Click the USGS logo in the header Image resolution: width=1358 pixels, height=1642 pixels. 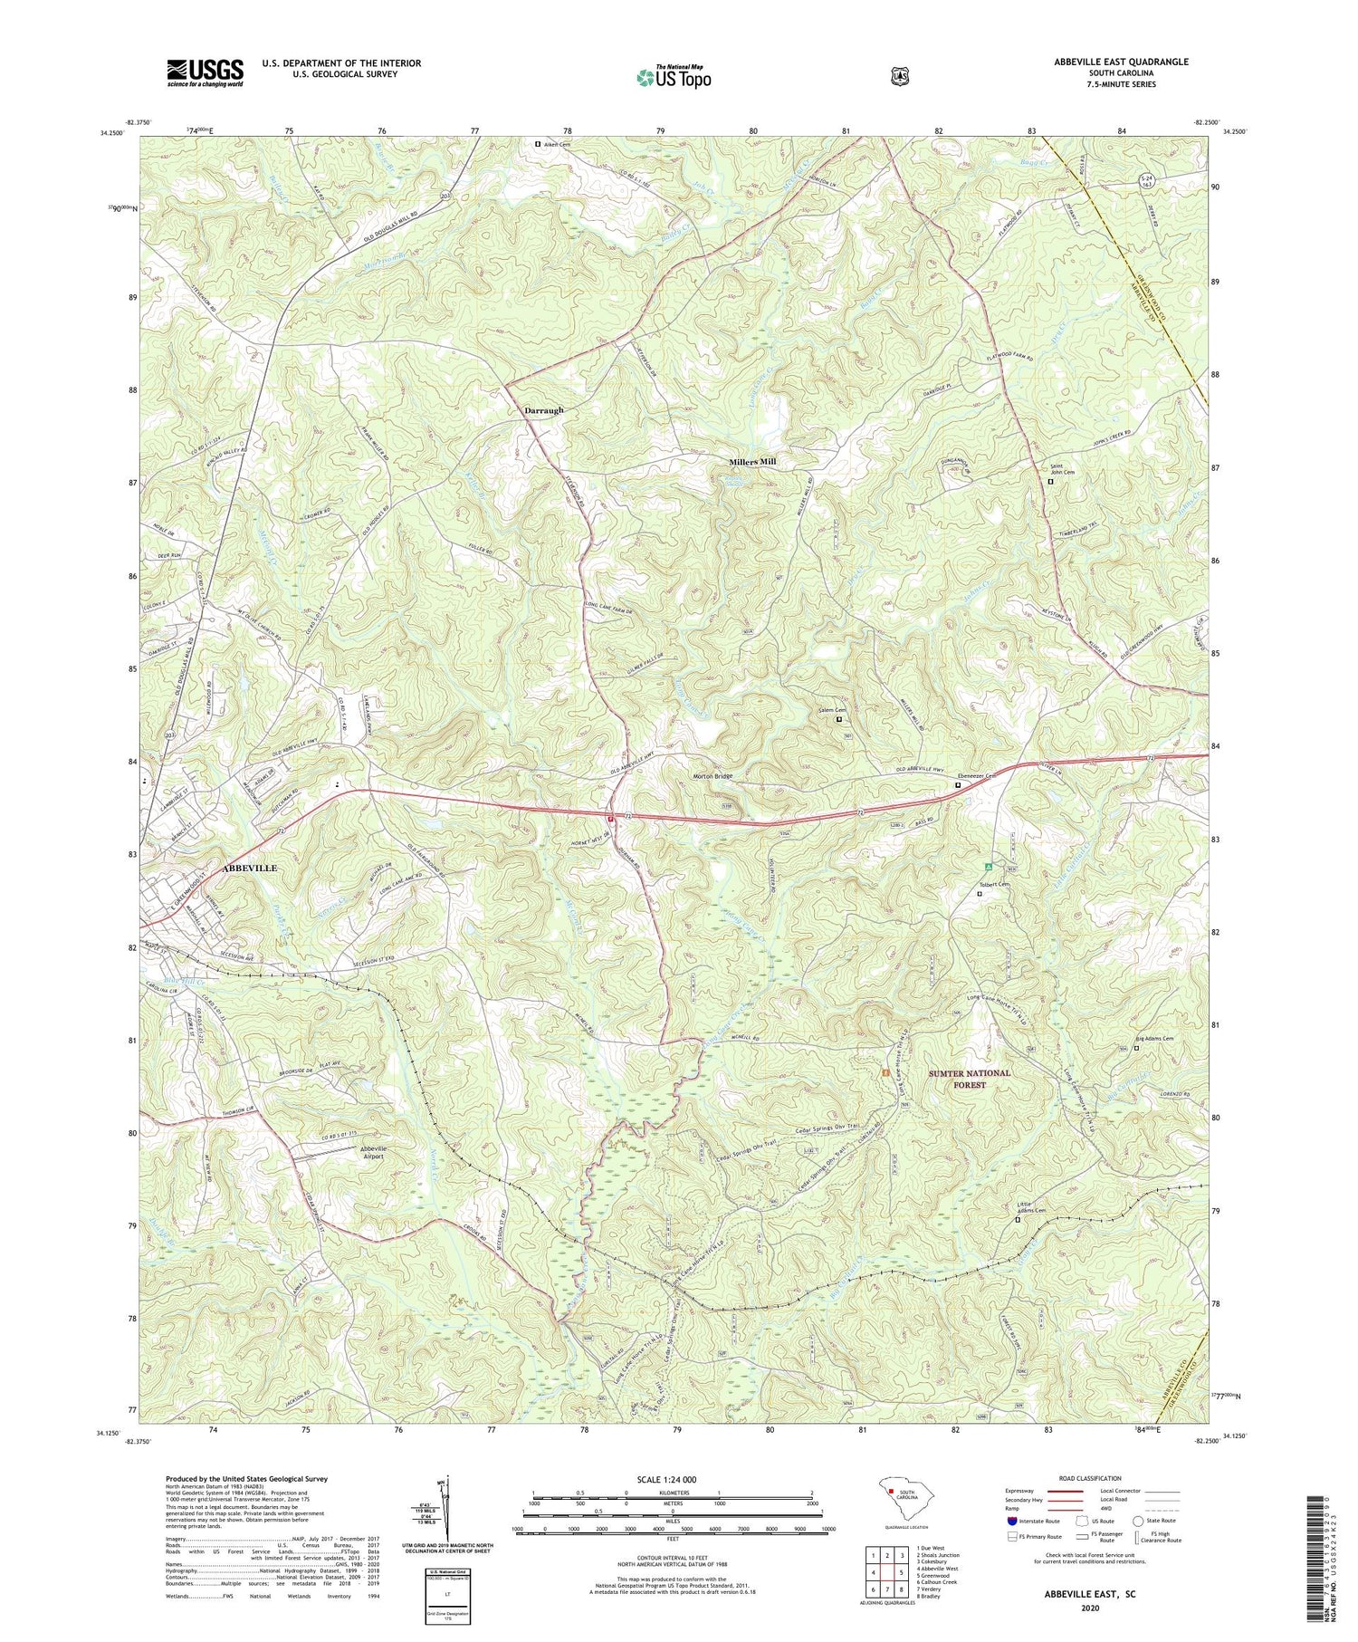[205, 72]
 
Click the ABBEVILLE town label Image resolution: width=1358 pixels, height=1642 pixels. [249, 868]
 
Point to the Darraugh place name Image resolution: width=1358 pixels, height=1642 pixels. [543, 410]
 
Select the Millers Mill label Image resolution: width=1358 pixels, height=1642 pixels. [752, 462]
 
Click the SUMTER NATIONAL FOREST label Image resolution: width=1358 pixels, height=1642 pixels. [969, 1079]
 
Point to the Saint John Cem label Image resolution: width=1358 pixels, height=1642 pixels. [1061, 470]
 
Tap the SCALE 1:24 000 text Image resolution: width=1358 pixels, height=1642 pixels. [672, 1479]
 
